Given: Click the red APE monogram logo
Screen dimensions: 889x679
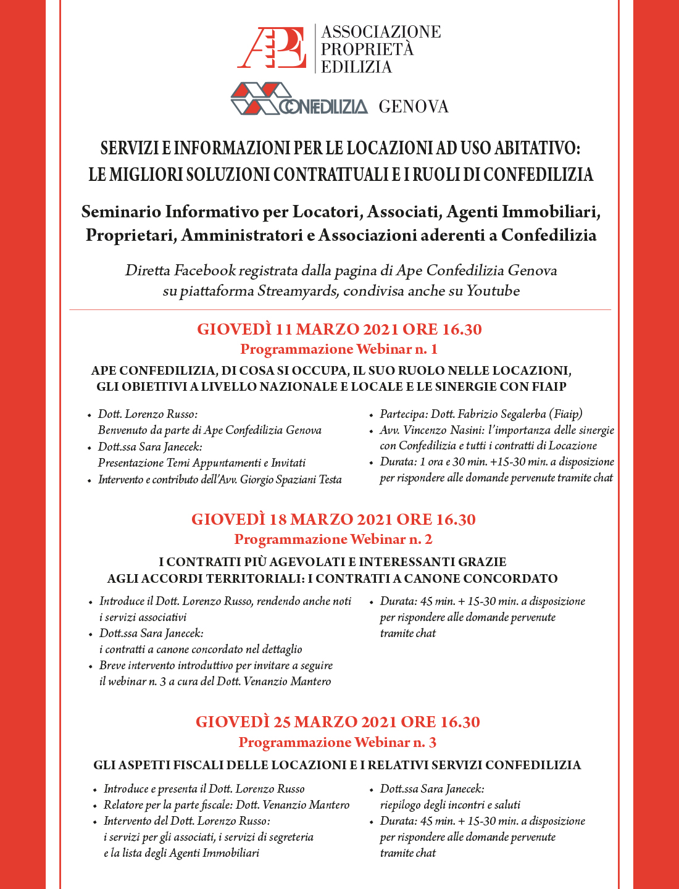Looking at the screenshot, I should click(x=272, y=48).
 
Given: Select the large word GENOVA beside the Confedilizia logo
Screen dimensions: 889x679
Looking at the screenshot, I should click(x=413, y=107).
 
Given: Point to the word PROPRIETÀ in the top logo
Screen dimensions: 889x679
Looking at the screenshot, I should click(x=367, y=49).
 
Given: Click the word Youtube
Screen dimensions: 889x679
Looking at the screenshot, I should click(x=493, y=291).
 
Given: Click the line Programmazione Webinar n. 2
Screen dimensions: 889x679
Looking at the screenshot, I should click(x=333, y=540).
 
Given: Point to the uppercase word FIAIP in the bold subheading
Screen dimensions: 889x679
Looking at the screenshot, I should click(x=549, y=387).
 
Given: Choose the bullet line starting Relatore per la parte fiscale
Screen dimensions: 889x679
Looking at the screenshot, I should click(x=226, y=805).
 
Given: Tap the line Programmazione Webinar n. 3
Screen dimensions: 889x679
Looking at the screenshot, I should click(x=337, y=742).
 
